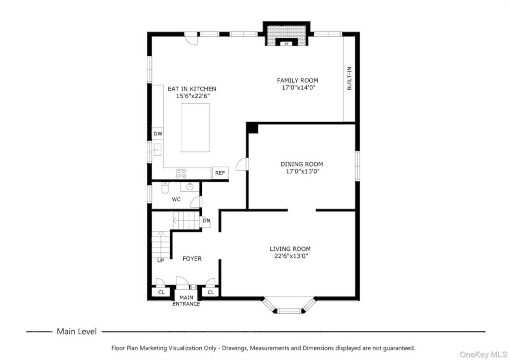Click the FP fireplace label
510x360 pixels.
286,44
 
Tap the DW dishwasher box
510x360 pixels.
158,133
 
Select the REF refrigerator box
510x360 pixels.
220,173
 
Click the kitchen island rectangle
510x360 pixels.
195,127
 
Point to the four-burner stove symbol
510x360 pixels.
181,173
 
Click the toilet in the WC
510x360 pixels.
165,188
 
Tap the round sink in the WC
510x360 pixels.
190,186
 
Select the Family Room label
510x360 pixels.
298,80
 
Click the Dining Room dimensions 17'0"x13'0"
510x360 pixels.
302,171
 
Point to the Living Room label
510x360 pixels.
290,249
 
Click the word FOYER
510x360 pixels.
192,258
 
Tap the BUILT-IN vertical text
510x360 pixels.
349,78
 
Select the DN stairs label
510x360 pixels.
206,221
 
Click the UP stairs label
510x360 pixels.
161,260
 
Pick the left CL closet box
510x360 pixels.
161,292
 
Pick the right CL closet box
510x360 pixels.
211,292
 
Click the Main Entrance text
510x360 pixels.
186,301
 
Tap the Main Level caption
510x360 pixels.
77,332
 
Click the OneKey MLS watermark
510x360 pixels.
483,355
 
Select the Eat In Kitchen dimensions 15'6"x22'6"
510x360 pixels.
193,96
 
